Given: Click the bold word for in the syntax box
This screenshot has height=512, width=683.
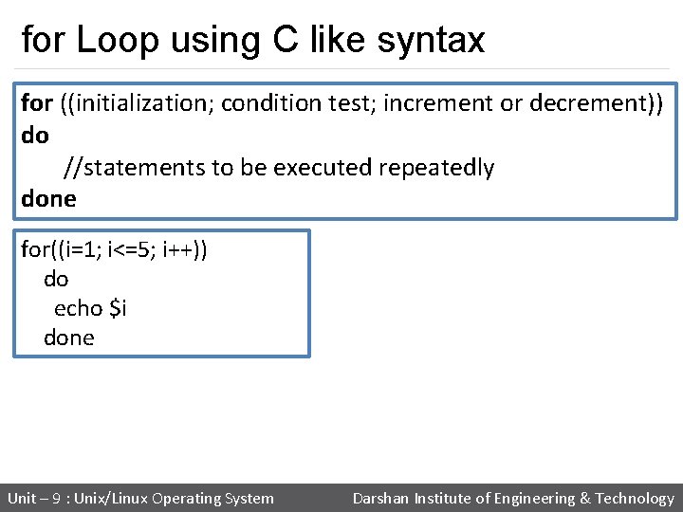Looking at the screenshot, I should click(x=37, y=102).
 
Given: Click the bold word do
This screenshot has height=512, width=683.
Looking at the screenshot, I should click(x=34, y=136).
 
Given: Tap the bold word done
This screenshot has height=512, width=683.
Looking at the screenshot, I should click(x=48, y=199).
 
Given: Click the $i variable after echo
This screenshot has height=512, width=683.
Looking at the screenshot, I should click(x=119, y=308).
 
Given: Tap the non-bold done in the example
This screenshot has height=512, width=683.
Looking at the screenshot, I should click(x=69, y=338).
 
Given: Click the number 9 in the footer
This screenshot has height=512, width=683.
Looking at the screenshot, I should click(x=56, y=499).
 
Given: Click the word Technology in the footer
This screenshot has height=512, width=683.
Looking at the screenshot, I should click(x=635, y=499).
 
